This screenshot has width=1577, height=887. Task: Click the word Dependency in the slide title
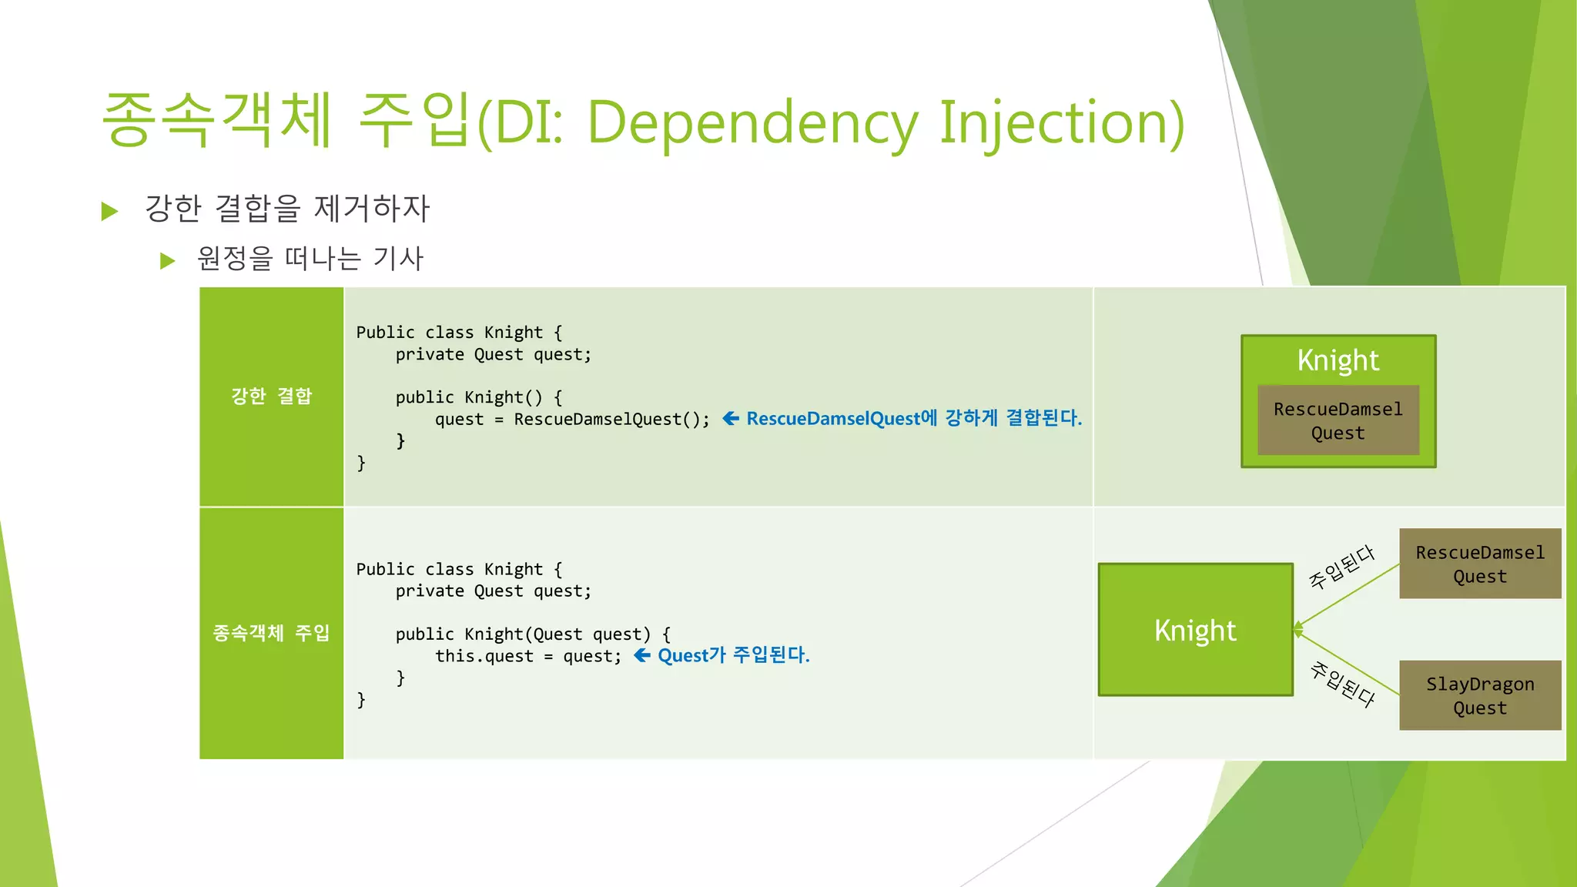753,123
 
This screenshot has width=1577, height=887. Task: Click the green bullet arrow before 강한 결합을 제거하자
109,211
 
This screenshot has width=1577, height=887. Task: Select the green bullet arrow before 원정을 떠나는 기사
167,261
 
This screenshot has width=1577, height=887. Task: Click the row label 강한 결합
271,396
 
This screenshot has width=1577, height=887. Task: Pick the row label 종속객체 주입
271,633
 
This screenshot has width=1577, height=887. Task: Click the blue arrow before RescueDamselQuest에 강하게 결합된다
731,418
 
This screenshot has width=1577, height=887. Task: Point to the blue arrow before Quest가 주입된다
641,655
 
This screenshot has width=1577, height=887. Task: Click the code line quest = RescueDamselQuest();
572,420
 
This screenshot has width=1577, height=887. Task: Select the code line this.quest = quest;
528,656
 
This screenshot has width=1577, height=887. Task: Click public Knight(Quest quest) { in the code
532,634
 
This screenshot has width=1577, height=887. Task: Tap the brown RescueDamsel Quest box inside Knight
1338,420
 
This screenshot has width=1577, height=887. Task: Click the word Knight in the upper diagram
1338,360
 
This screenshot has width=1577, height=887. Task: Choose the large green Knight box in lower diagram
1195,630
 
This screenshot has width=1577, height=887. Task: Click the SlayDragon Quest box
1479,695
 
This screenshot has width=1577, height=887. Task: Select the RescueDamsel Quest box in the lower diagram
1479,564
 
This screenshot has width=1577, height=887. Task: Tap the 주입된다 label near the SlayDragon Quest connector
1343,684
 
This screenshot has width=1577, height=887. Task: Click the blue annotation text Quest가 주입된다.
733,655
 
